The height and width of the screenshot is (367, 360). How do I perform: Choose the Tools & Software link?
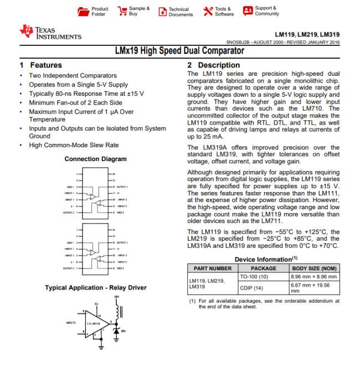[x=217, y=12]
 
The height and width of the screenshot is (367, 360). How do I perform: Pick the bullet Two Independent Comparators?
[x=73, y=75]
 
